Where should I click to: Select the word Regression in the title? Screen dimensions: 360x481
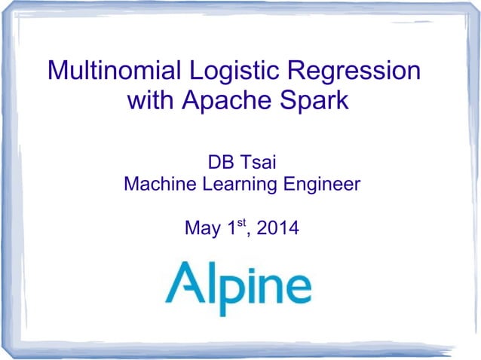click(357, 73)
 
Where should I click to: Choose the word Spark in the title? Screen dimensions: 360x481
click(317, 101)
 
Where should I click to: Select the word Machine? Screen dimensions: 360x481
click(157, 183)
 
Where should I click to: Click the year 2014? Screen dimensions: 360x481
click(277, 227)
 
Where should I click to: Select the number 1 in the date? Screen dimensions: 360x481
click(231, 227)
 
